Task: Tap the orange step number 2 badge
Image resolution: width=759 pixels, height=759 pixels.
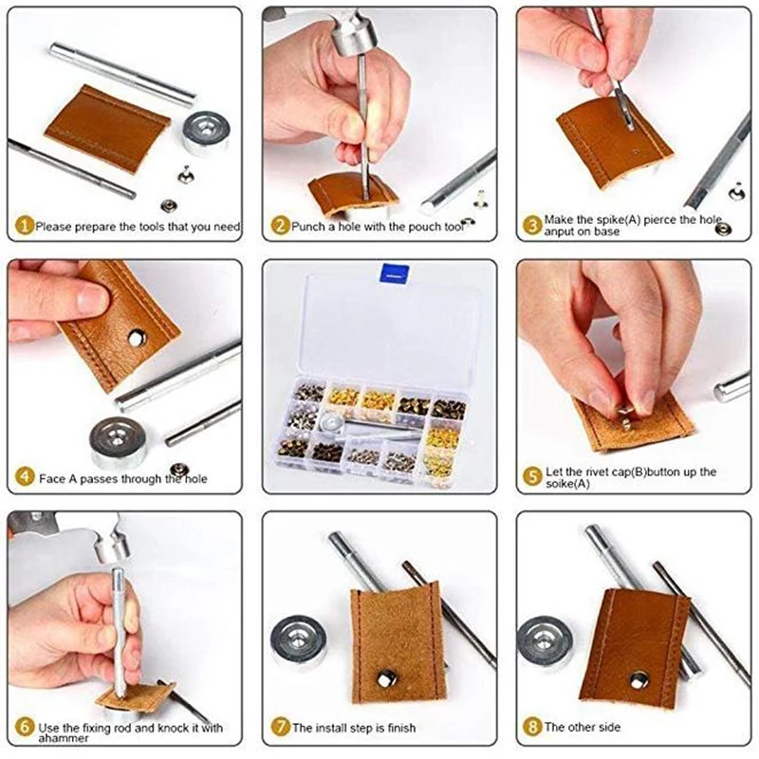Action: click(x=280, y=227)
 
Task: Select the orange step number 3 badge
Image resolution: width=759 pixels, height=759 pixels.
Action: click(x=533, y=225)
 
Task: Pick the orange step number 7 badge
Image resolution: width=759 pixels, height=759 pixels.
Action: click(x=280, y=728)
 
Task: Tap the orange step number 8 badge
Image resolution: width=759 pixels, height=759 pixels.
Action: click(x=533, y=728)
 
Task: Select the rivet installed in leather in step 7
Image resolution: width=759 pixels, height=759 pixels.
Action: click(x=388, y=676)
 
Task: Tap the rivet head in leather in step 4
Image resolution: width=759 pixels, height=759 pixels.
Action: click(x=137, y=336)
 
